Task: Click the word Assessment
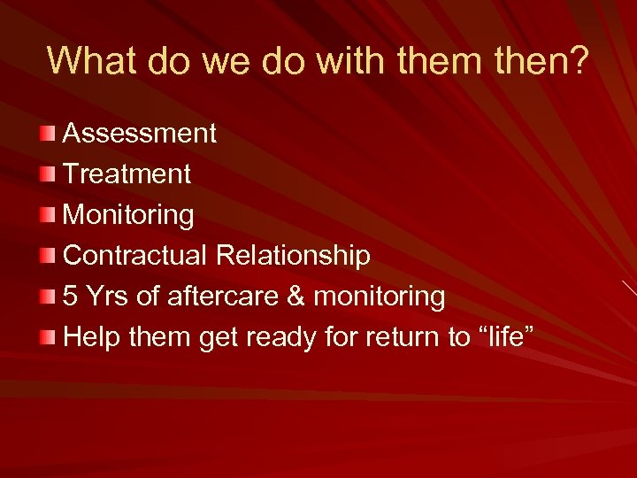[140, 134]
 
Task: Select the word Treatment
[127, 174]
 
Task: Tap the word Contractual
[136, 256]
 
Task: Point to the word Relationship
[293, 256]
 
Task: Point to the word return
[418, 337]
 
